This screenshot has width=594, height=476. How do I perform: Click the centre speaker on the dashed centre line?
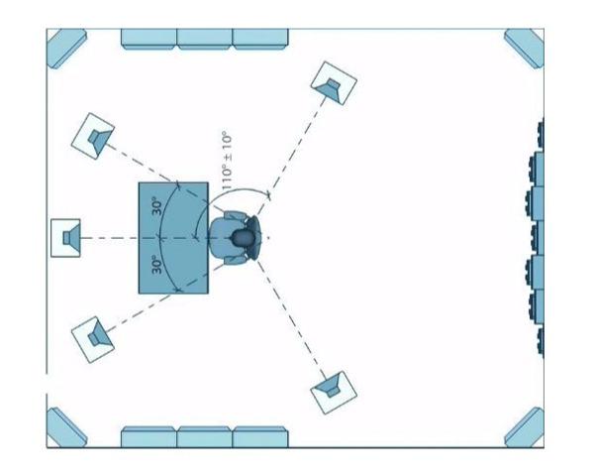click(65, 238)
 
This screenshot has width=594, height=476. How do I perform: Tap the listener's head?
click(243, 238)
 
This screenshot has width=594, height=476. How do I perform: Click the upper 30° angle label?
click(157, 206)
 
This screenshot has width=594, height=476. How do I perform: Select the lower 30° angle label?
click(157, 265)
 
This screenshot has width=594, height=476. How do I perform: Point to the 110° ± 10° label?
click(226, 161)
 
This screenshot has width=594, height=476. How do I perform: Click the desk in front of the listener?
click(173, 238)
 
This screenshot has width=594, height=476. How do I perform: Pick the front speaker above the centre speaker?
click(93, 136)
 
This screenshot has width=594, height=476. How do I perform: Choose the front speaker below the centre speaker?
click(93, 340)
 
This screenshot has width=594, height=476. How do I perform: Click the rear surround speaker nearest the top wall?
click(334, 83)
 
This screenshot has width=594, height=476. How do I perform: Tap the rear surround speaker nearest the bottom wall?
click(334, 393)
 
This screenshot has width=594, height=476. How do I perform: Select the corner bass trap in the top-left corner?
click(66, 49)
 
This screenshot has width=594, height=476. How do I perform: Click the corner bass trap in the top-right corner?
click(525, 49)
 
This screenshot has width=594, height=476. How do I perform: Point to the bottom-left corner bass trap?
click(66, 427)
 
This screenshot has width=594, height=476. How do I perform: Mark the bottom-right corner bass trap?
click(525, 427)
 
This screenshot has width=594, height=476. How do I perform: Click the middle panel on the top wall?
click(205, 39)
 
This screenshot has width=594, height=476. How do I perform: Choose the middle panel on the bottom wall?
click(205, 437)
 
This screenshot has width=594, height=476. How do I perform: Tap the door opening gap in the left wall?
click(47, 384)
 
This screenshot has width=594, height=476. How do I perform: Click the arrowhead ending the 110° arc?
click(268, 196)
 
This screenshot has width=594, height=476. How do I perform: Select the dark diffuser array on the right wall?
click(535, 238)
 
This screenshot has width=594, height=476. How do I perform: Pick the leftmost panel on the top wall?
click(148, 39)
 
